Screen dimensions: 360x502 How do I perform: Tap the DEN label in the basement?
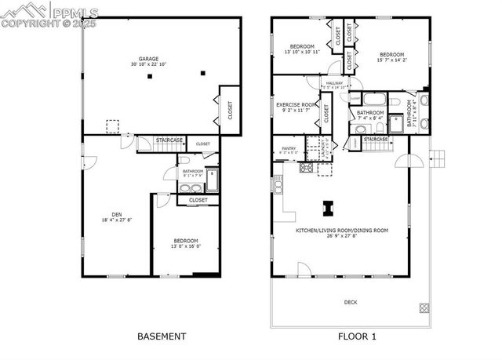(116, 214)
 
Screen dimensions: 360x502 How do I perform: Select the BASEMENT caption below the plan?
(162, 336)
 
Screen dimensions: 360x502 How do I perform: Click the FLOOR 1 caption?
(357, 336)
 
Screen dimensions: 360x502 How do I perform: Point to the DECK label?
(350, 301)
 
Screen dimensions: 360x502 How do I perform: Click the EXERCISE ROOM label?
(296, 104)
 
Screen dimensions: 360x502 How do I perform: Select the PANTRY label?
(288, 147)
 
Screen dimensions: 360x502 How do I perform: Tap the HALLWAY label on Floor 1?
(335, 82)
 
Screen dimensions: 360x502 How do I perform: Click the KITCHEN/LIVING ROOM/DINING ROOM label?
(342, 231)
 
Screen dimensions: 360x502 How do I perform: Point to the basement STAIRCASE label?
(169, 140)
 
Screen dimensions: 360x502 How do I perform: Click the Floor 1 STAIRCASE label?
(376, 139)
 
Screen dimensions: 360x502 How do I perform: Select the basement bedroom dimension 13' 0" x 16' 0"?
(186, 246)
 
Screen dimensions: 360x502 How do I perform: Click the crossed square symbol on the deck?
(424, 307)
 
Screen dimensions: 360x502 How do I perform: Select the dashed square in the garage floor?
(112, 125)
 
